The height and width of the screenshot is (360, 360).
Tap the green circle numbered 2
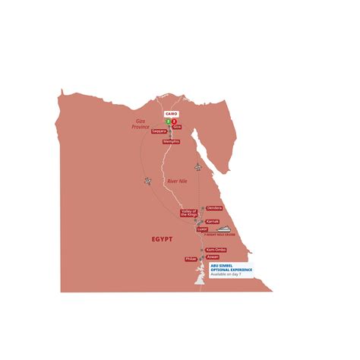point(166,121)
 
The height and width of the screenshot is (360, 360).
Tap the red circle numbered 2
point(174,121)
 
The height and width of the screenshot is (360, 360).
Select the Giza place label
point(177,127)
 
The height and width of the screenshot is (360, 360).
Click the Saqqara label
point(159,131)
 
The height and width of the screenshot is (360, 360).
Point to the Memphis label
point(171,141)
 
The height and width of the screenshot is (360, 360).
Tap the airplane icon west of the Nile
point(147,180)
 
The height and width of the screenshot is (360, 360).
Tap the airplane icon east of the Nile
point(198,166)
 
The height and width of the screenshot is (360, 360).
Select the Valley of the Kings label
point(189,213)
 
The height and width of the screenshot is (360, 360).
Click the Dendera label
point(213,208)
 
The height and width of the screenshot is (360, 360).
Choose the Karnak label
point(213,223)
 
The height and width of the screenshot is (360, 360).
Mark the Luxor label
point(201,229)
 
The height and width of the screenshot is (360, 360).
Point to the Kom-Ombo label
point(214,250)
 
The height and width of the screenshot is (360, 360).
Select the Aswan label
point(213,257)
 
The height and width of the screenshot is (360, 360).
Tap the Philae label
point(191,259)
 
